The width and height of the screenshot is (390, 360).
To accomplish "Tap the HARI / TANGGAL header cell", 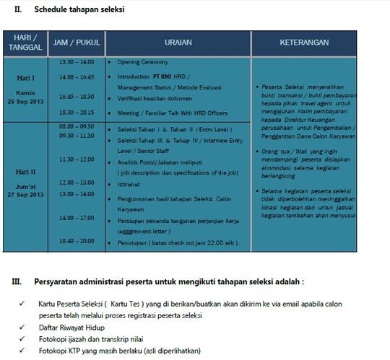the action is [26, 43].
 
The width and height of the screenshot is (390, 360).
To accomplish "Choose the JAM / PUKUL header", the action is [76, 43].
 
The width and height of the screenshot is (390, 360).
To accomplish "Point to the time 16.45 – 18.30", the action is [76, 95].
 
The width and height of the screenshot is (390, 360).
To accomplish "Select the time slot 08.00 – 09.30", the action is [76, 126].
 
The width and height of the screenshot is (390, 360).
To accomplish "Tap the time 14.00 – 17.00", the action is [76, 217].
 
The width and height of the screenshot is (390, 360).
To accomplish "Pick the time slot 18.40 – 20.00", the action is [76, 240].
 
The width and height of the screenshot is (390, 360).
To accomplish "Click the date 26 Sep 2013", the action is [26, 100].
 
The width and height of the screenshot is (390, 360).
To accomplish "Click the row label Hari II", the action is [26, 172].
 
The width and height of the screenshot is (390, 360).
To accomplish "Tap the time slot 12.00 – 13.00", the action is [76, 183].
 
